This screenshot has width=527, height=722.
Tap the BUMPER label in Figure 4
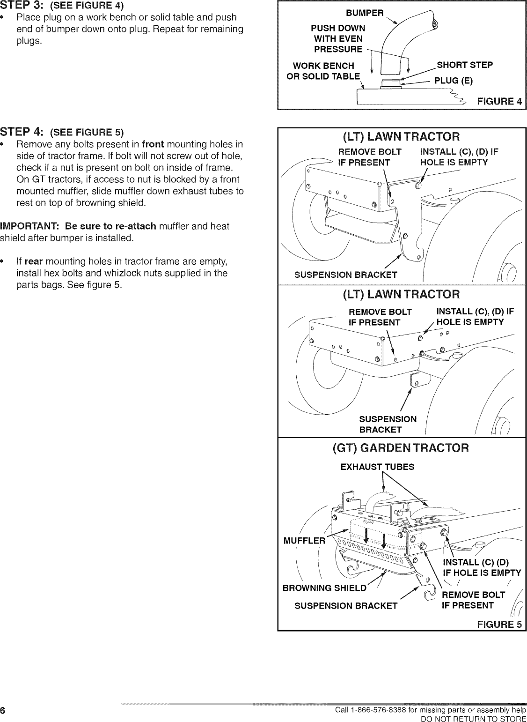[x=365, y=13]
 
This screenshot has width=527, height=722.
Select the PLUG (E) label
[x=453, y=81]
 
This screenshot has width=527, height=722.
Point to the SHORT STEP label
[x=464, y=65]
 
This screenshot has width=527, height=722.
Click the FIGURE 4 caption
[x=499, y=102]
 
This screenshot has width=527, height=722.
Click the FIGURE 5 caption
[x=499, y=624]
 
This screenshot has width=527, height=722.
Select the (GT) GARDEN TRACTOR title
[x=400, y=448]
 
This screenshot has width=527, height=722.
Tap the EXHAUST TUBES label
[x=377, y=467]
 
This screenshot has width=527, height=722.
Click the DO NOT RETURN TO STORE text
[x=474, y=718]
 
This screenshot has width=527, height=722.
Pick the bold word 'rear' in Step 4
[x=34, y=261]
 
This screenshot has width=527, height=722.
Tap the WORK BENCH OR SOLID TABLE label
[x=323, y=71]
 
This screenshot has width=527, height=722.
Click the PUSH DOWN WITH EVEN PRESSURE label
[x=338, y=38]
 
